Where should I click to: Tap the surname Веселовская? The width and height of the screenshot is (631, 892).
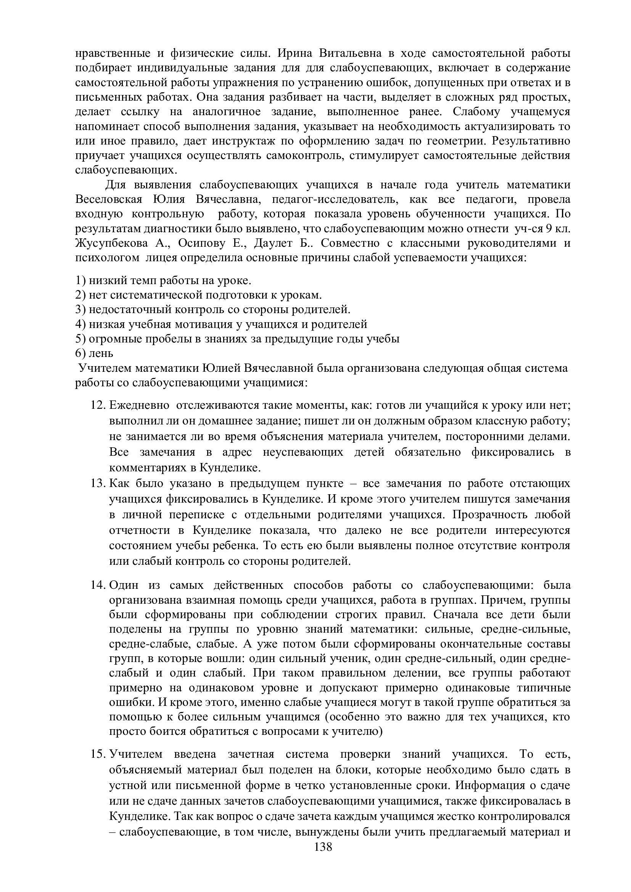[x=109, y=199]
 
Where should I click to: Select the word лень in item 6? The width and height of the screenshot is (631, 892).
[x=101, y=354]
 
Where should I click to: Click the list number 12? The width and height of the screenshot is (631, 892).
[x=98, y=405]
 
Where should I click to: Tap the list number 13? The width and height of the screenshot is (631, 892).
[x=98, y=483]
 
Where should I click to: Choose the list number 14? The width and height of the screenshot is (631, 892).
[x=98, y=585]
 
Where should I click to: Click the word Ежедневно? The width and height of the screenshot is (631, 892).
[x=139, y=405]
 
